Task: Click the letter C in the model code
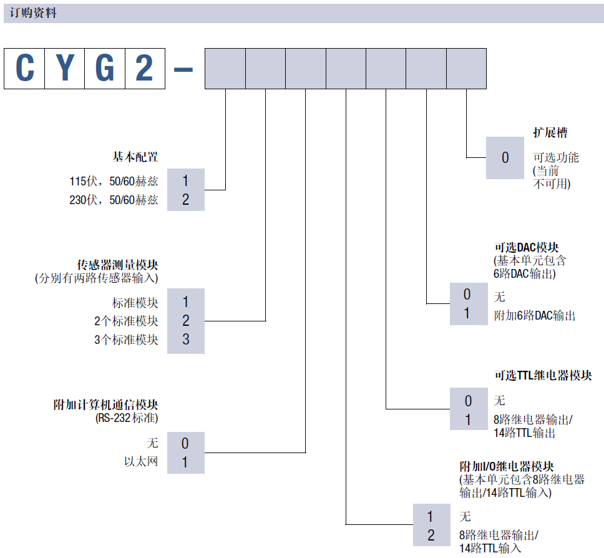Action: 24,68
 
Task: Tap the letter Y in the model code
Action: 64,68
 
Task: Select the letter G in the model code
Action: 104,68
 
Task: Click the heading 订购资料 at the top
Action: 33,12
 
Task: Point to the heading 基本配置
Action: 135,156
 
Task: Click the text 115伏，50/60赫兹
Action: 114,182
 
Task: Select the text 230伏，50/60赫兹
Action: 114,200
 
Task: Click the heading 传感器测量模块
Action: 118,265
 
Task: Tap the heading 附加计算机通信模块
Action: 105,405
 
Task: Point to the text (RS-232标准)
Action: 127,418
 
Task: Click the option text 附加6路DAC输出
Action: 534,316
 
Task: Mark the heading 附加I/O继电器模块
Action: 507,466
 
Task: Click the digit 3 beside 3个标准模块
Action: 185,340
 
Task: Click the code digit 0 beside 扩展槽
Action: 505,158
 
